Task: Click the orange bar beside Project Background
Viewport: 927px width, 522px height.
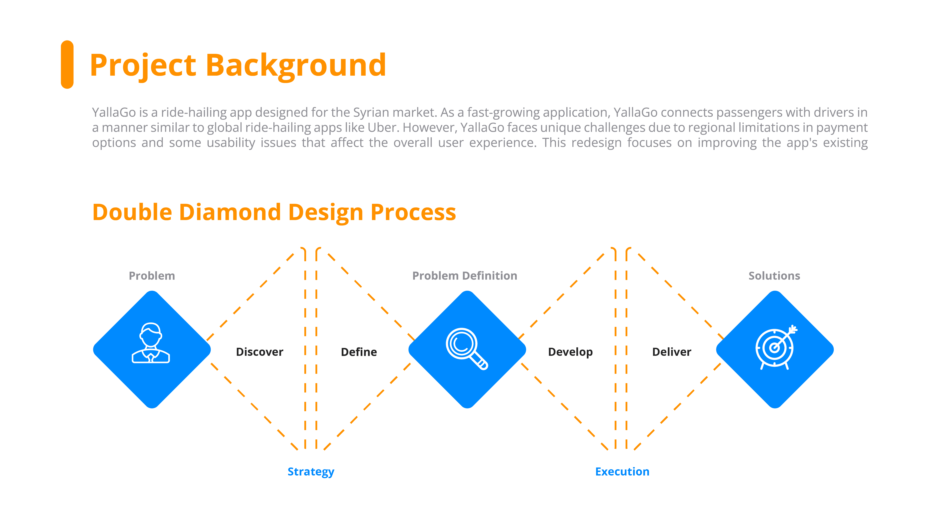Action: click(67, 65)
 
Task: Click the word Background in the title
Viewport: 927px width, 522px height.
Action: click(296, 65)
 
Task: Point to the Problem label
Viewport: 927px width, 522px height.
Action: click(152, 276)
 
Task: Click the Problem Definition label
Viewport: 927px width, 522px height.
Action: click(465, 276)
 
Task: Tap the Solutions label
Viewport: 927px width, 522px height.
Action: click(774, 276)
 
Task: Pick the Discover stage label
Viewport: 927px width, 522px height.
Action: click(259, 352)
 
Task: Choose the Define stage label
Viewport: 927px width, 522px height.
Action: click(359, 352)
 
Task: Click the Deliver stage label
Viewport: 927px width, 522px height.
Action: click(671, 352)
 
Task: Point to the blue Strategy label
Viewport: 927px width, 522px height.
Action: click(311, 471)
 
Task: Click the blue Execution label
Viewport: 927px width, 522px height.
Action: click(622, 471)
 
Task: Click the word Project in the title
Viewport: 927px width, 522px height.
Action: click(143, 65)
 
